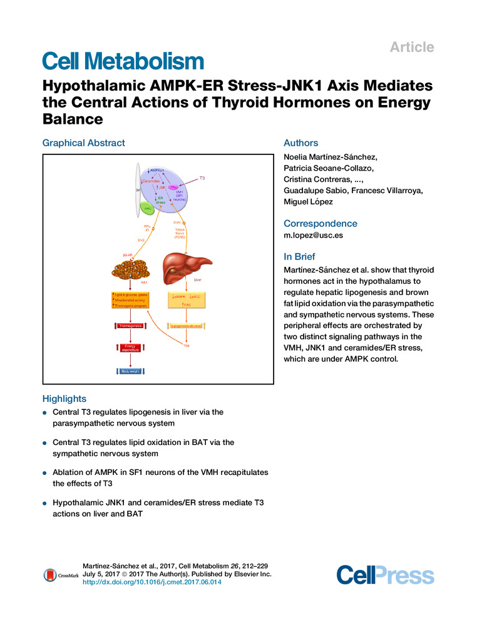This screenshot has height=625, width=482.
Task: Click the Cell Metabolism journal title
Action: [x=123, y=61]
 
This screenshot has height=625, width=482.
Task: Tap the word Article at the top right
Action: [x=412, y=47]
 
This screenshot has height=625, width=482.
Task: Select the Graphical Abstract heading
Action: [x=83, y=143]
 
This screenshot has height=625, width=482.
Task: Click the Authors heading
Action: [x=300, y=143]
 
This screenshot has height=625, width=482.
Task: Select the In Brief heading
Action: [x=299, y=256]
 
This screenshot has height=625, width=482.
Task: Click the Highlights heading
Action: [x=64, y=398]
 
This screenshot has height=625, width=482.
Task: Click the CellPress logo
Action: [x=385, y=575]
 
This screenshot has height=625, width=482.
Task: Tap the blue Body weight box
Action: [x=131, y=371]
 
